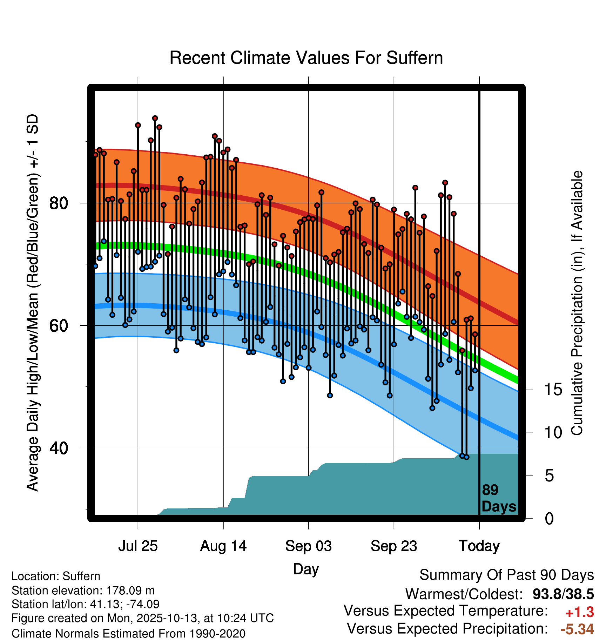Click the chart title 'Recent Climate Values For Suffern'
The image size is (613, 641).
(306, 58)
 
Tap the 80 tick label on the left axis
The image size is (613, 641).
(59, 203)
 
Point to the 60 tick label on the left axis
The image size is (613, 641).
(59, 326)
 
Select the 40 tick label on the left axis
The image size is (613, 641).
(59, 448)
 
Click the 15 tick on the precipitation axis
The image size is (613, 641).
(553, 389)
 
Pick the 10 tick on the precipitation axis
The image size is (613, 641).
(553, 432)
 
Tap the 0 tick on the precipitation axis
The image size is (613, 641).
(549, 519)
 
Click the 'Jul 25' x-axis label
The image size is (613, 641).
(138, 546)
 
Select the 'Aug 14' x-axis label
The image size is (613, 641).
(223, 546)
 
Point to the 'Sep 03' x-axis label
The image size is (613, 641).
(309, 546)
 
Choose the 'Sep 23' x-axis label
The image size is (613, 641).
(394, 546)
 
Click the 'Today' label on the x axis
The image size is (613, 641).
(479, 546)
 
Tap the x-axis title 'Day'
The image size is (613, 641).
(306, 569)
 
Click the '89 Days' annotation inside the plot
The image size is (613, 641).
(498, 498)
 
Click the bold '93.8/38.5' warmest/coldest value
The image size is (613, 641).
(563, 594)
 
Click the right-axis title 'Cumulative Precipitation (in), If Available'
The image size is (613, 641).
(577, 303)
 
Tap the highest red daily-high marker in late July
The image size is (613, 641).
(155, 118)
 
